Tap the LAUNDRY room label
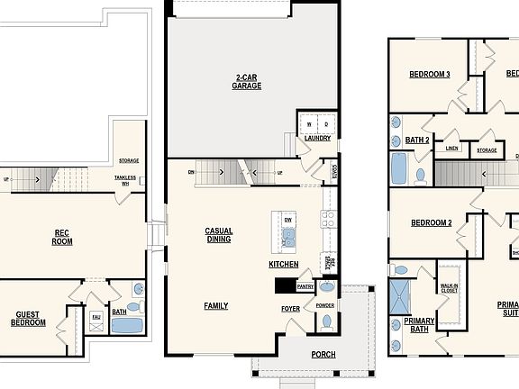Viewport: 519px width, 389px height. [316, 138]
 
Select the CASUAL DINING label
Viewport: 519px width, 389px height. [219, 235]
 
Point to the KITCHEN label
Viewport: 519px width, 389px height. [284, 265]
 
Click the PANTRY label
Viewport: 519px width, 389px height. [305, 287]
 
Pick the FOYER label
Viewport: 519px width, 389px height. [291, 309]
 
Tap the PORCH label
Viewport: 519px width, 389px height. [323, 355]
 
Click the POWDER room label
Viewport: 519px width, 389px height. [325, 305]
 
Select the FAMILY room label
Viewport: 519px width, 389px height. [215, 306]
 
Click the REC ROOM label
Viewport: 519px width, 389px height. [62, 237]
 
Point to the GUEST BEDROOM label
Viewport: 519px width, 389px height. [28, 318]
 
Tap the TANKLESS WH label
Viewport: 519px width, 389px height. [125, 180]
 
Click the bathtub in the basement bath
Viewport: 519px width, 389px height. [127, 326]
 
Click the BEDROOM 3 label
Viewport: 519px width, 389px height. [430, 75]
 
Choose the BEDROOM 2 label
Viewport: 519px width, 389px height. [432, 222]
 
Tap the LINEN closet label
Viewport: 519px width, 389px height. [451, 149]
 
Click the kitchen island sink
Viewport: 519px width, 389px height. [287, 238]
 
